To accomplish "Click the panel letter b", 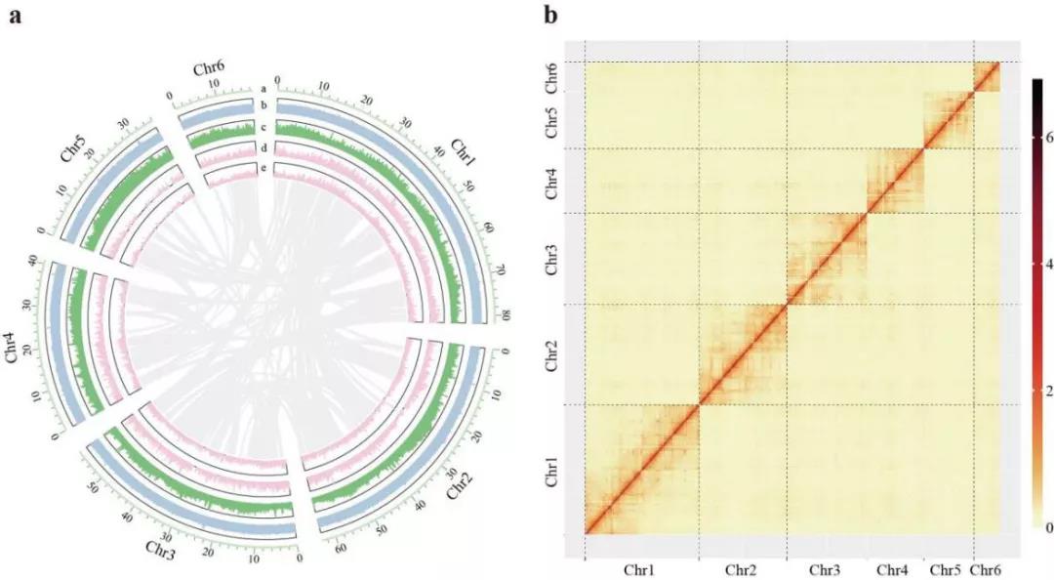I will (551, 16).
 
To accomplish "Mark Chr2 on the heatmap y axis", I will (551, 354).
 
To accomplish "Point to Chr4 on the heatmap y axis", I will (551, 183).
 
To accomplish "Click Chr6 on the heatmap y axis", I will (551, 76).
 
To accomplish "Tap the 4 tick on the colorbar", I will (1045, 265).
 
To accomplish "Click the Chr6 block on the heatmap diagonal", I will (988, 76).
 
